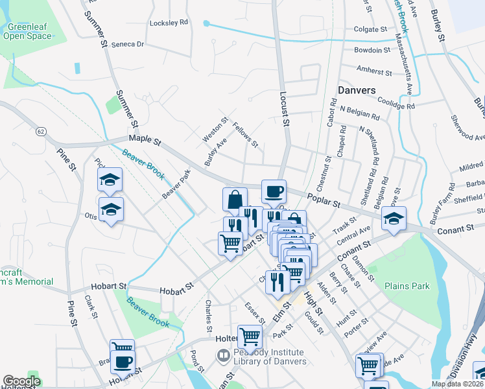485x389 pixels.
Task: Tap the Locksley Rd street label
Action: (x=169, y=22)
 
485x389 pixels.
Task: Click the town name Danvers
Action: (x=357, y=91)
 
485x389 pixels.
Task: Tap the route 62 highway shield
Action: (x=41, y=132)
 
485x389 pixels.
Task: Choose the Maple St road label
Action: (x=144, y=139)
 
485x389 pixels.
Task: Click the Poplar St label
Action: (x=324, y=202)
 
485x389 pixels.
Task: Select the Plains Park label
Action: (x=407, y=285)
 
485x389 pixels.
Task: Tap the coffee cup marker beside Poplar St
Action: (x=274, y=191)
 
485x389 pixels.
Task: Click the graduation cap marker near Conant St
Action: (x=394, y=218)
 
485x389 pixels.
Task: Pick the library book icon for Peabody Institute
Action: (x=223, y=355)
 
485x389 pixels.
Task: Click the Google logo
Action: (x=21, y=381)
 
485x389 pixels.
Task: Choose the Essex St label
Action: (x=255, y=312)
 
